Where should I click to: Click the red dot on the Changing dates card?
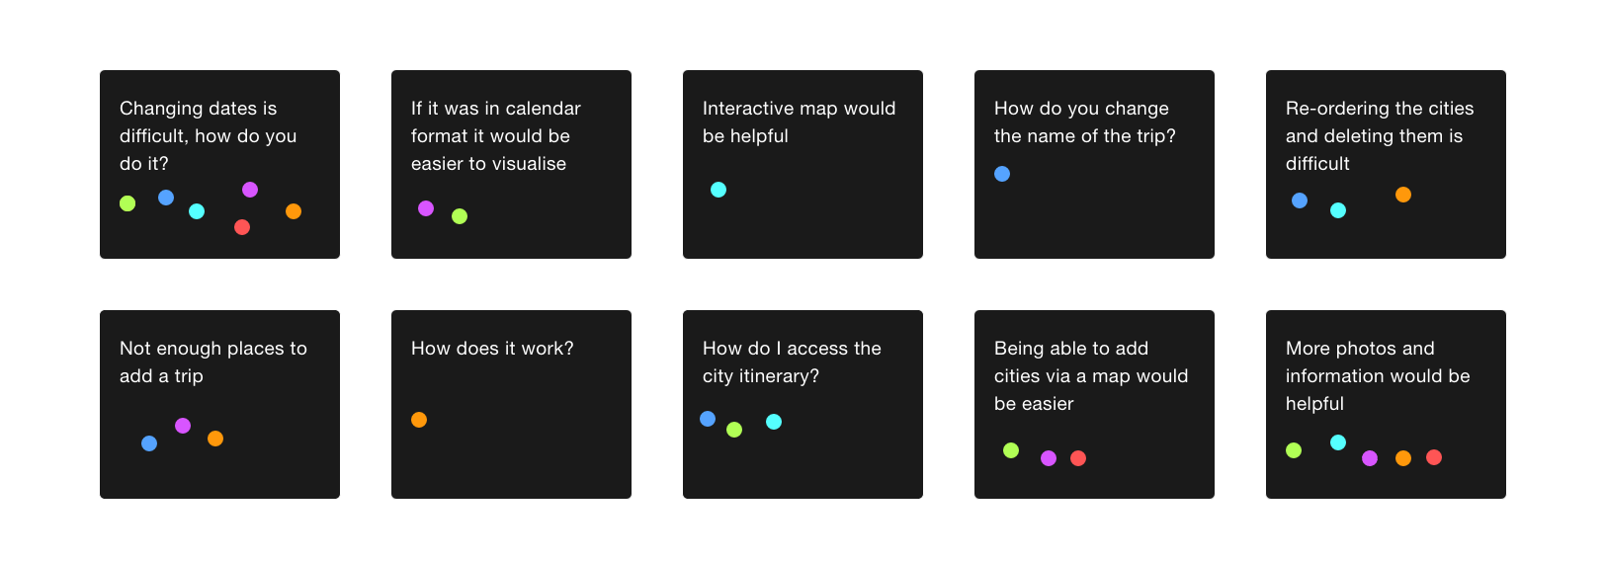(x=242, y=227)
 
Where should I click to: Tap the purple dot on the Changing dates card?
(x=250, y=190)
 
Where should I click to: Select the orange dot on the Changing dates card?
(x=294, y=211)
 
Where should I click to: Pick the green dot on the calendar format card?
(x=460, y=215)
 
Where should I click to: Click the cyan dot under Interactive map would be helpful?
(x=718, y=190)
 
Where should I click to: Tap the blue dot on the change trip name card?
(x=1002, y=174)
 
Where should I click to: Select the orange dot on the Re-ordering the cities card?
(x=1403, y=195)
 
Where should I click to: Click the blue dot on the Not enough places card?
(x=149, y=443)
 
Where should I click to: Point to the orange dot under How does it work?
(x=419, y=420)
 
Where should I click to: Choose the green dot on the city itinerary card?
(x=734, y=430)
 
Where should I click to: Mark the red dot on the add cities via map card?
(x=1078, y=458)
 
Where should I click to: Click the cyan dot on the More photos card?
(x=1338, y=442)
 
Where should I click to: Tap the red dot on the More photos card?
(x=1434, y=457)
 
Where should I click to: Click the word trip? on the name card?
(x=1155, y=137)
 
